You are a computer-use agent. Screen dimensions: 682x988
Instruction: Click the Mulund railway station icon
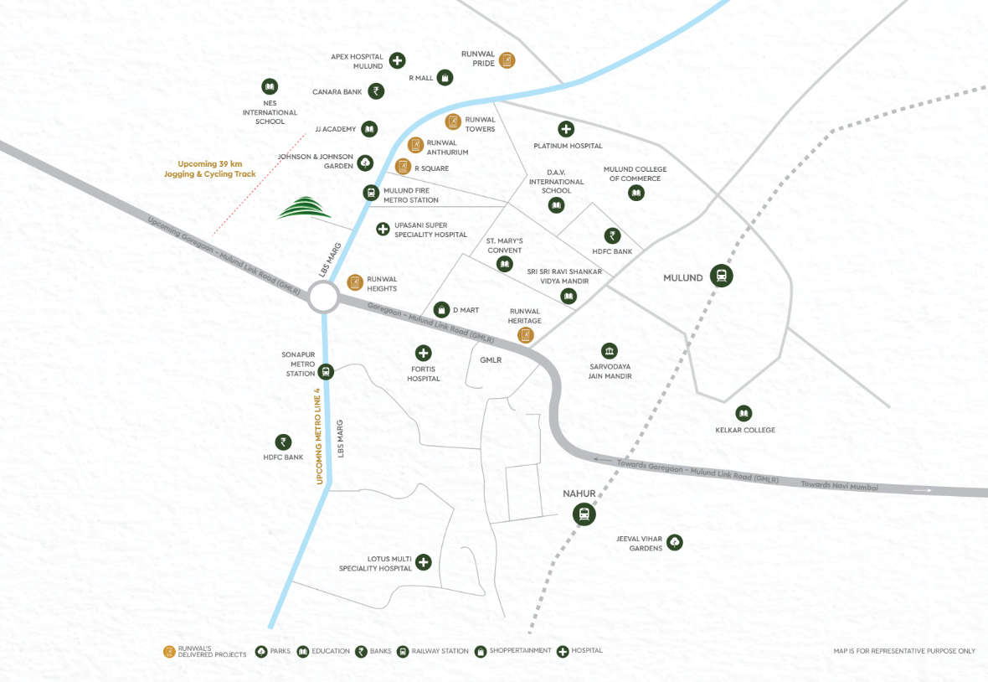click(720, 276)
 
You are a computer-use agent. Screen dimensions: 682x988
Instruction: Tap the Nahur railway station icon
click(584, 514)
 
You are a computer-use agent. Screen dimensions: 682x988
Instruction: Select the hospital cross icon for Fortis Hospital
click(424, 354)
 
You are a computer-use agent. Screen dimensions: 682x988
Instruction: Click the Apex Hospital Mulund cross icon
click(397, 60)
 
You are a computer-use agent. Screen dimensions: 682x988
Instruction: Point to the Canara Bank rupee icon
click(377, 90)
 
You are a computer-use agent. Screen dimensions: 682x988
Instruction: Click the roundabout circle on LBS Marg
click(323, 297)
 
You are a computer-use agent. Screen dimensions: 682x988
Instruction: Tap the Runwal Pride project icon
click(507, 60)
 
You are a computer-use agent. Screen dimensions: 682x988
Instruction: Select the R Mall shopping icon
click(446, 78)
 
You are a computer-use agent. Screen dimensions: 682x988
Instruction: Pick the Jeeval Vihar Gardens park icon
click(674, 542)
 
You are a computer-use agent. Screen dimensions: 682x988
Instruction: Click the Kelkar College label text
click(744, 430)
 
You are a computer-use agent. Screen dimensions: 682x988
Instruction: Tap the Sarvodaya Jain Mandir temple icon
click(610, 350)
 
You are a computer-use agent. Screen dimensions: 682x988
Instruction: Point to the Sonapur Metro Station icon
click(326, 371)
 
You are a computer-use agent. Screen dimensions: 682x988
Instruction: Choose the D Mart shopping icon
click(441, 310)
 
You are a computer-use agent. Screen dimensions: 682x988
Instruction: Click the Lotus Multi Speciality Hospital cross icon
click(424, 562)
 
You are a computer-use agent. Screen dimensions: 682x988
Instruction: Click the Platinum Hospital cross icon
click(566, 129)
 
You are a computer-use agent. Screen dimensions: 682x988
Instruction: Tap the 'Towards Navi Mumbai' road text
click(839, 485)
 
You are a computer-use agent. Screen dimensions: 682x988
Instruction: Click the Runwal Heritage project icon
click(525, 335)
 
